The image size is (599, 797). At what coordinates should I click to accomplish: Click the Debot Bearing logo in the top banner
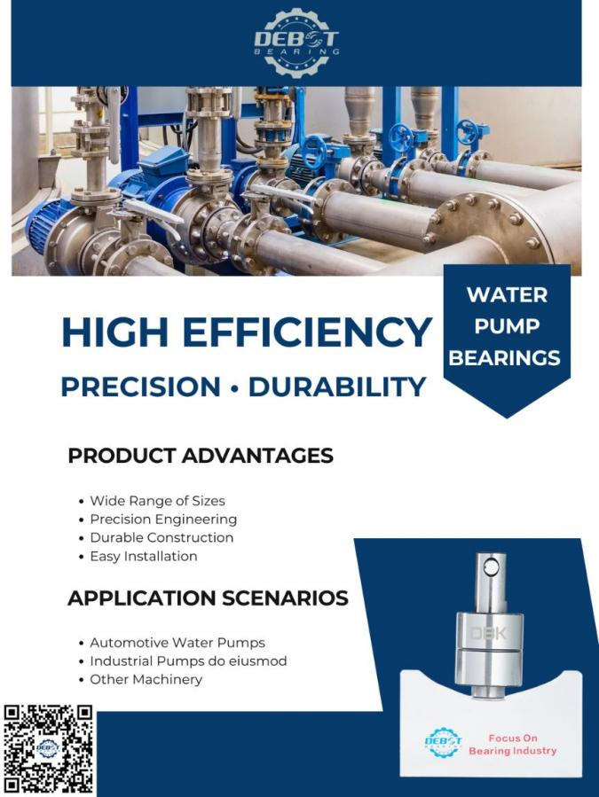pyautogui.click(x=296, y=43)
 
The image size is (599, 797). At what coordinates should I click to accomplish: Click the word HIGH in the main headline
pyautogui.click(x=115, y=332)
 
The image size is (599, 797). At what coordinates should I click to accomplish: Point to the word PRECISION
pyautogui.click(x=140, y=387)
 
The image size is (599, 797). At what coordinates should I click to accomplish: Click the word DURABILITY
pyautogui.click(x=337, y=387)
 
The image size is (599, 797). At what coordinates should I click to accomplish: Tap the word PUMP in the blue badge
pyautogui.click(x=507, y=326)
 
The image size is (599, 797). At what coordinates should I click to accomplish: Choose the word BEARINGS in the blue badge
pyautogui.click(x=504, y=358)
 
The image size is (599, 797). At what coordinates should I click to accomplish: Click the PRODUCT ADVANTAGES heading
pyautogui.click(x=201, y=456)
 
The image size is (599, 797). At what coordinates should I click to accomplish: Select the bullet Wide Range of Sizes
pyautogui.click(x=157, y=501)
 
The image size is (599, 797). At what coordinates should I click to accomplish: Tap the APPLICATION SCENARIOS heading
pyautogui.click(x=208, y=598)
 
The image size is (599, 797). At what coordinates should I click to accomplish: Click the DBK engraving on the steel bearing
pyautogui.click(x=488, y=633)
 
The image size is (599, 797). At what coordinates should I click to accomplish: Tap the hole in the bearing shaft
pyautogui.click(x=491, y=566)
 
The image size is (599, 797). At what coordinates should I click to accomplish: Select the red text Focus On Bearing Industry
pyautogui.click(x=513, y=744)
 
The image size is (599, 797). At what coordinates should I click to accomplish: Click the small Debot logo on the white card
pyautogui.click(x=444, y=742)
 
